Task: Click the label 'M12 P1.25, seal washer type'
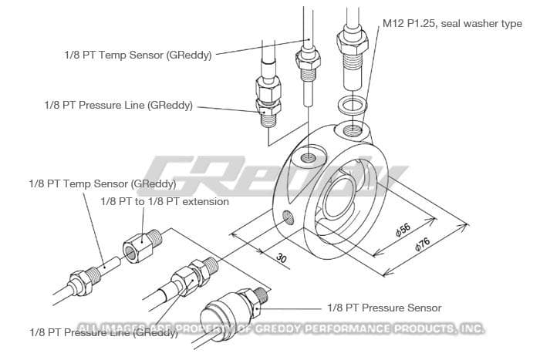(452, 24)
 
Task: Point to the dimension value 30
(281, 259)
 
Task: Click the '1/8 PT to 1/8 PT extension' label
(164, 201)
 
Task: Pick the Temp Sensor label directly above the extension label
(102, 184)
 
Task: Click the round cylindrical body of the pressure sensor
(220, 316)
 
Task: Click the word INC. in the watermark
(469, 328)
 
